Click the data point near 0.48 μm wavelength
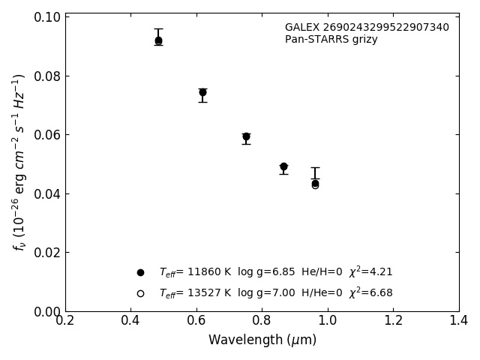pos(158,40)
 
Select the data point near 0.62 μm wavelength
pos(202,92)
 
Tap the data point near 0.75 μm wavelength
pos(246,136)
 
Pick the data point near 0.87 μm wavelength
pos(283,166)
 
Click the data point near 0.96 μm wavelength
pos(315,183)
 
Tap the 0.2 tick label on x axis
pos(65,320)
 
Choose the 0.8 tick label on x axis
pos(262,320)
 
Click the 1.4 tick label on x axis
pos(458,320)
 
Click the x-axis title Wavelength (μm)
pos(262,340)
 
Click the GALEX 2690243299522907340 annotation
pos(367,28)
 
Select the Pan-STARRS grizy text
pos(331,40)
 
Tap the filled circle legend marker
pos(140,272)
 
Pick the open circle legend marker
pos(140,293)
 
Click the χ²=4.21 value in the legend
pos(370,272)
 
